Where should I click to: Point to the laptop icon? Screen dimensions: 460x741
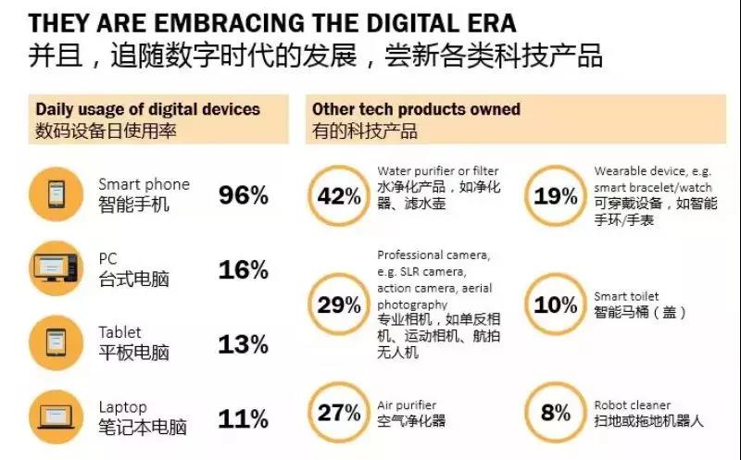click(x=58, y=417)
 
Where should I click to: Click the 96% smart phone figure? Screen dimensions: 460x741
click(x=244, y=195)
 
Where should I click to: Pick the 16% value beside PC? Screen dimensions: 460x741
click(x=244, y=270)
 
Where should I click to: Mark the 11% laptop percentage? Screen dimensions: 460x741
click(x=244, y=418)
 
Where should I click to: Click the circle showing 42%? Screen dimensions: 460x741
click(x=339, y=196)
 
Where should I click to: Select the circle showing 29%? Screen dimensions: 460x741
click(x=339, y=304)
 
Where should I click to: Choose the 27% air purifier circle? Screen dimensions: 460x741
click(x=339, y=413)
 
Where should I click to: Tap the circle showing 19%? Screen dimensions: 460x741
click(x=556, y=196)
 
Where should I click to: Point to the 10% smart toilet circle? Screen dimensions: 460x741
click(x=556, y=304)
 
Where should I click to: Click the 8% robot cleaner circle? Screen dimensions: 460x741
click(x=556, y=413)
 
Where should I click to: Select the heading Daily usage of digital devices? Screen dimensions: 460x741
click(x=148, y=109)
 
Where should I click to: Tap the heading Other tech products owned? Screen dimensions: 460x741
click(x=416, y=109)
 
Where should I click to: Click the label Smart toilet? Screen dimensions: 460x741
click(x=626, y=296)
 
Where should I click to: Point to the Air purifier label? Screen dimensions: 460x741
click(x=407, y=404)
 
